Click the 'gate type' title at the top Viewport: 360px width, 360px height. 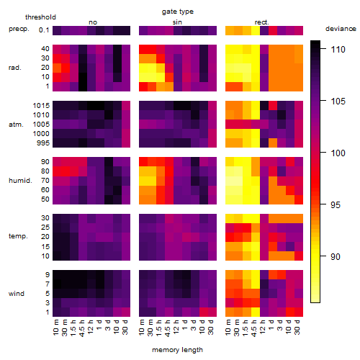178,12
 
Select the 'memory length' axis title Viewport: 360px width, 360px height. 178,350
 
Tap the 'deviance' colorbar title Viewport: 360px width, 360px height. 341,29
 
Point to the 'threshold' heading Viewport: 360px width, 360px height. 40,17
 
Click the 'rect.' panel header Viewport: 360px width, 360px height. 262,22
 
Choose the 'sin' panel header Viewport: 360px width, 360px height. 177,22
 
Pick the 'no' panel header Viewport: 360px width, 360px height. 93,22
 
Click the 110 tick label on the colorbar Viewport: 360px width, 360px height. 338,50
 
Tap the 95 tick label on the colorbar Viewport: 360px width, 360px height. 336,205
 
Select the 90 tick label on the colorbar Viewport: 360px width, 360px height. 336,257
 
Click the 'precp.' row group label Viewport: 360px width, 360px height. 19,30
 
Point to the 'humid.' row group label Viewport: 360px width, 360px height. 20,181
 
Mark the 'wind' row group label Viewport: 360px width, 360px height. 17,294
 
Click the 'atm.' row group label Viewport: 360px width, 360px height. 16,125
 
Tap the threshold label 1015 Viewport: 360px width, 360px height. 41,106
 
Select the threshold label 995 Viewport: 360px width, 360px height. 43,143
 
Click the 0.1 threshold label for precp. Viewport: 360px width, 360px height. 44,30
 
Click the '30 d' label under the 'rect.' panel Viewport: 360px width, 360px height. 297,328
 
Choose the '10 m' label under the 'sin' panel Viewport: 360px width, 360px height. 142,328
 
